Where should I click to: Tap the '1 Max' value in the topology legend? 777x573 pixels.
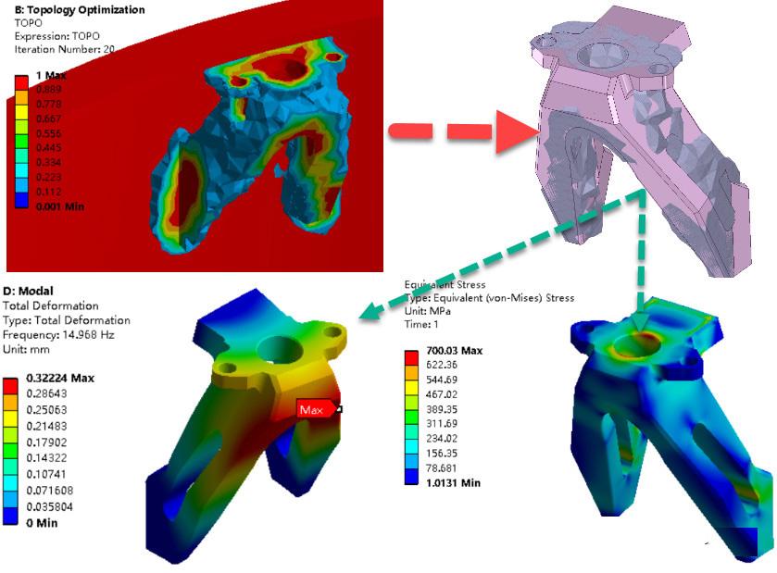pyautogui.click(x=52, y=76)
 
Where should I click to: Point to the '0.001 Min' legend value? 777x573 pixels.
pyautogui.click(x=60, y=206)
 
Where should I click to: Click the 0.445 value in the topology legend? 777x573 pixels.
pyautogui.click(x=48, y=147)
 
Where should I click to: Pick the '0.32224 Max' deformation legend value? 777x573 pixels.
pyautogui.click(x=60, y=379)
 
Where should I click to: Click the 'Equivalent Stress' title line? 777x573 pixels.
pyautogui.click(x=445, y=284)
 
